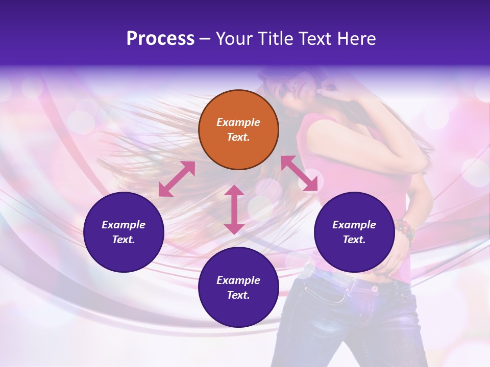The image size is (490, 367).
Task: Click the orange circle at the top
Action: [238, 129]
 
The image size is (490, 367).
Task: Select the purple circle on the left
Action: [124, 232]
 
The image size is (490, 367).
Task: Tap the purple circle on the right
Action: [354, 232]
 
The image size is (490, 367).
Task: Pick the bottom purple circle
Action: [238, 287]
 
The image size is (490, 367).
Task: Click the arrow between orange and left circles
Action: [177, 179]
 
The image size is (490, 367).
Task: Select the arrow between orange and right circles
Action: [300, 173]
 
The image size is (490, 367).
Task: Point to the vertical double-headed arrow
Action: [234, 209]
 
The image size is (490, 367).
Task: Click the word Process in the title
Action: [160, 39]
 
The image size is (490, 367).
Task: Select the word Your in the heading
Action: [233, 39]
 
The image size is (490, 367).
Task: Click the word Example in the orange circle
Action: [238, 122]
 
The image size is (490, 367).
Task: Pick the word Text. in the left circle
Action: [124, 240]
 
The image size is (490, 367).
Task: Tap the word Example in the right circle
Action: [354, 225]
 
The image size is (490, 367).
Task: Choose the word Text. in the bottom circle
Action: [238, 295]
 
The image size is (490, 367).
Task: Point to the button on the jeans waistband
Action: [374, 289]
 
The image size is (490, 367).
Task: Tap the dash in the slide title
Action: [205, 39]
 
